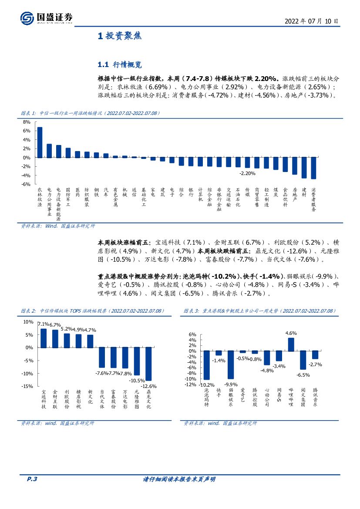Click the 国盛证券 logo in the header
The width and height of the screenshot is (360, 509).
click(46, 17)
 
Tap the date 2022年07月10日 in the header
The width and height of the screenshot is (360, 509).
click(311, 21)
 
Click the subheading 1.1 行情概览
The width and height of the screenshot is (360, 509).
click(120, 64)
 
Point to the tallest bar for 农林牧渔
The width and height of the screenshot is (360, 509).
click(40, 142)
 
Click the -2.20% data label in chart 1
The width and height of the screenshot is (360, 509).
click(247, 173)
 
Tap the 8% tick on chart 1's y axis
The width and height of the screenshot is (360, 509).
click(26, 122)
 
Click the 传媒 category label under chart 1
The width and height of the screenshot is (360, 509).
click(247, 192)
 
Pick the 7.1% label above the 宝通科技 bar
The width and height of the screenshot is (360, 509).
click(43, 324)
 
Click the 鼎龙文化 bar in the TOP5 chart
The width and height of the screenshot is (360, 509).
click(148, 364)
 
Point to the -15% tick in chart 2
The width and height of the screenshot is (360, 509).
click(27, 386)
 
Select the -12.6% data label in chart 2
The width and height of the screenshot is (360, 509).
click(148, 386)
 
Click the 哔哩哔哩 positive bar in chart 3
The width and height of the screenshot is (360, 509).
click(291, 344)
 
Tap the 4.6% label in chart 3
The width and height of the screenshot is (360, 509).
click(291, 333)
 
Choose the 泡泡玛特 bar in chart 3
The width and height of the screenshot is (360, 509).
click(207, 365)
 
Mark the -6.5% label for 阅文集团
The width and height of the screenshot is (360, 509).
click(303, 374)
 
